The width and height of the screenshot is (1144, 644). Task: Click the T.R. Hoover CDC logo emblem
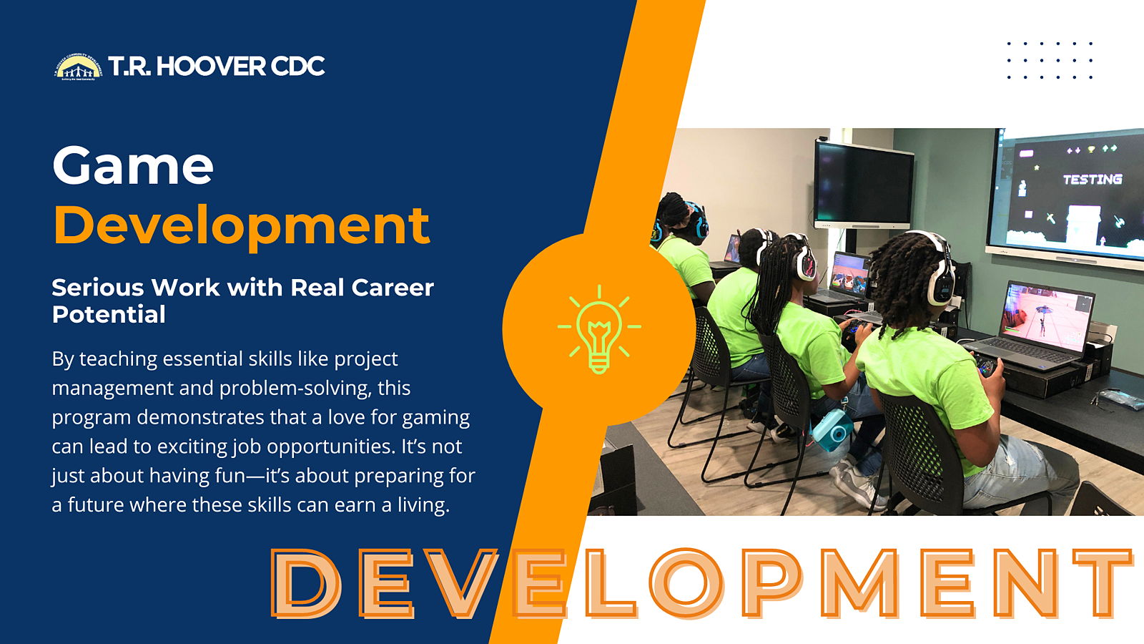point(78,67)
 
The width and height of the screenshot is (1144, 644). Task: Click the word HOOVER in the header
point(211,66)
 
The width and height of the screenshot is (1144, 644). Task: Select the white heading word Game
point(133,165)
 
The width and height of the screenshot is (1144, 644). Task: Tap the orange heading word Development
point(242,225)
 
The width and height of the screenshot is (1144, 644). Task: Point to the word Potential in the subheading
point(109,314)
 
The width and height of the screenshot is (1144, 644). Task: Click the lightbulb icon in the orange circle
point(599,329)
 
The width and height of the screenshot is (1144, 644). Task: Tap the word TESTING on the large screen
point(1093,180)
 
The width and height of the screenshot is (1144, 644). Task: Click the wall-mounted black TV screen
point(863,185)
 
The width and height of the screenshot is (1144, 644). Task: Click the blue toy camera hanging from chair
point(832,429)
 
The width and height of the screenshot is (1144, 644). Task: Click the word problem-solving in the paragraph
point(295,389)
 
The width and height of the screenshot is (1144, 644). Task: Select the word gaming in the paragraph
point(435,418)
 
